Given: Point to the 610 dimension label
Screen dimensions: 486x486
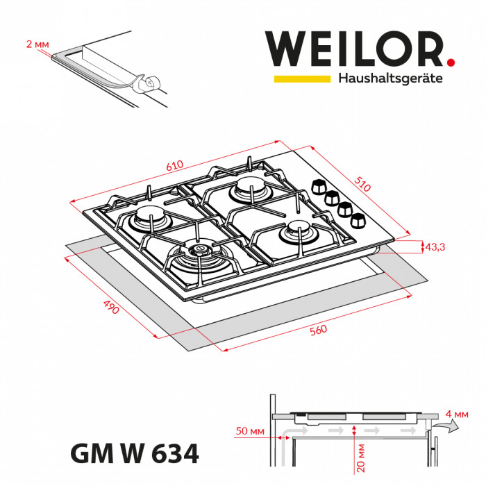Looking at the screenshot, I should click(x=174, y=167).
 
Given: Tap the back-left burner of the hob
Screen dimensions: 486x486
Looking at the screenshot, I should click(x=149, y=217).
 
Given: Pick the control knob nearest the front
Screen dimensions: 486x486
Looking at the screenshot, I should click(x=358, y=221).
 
